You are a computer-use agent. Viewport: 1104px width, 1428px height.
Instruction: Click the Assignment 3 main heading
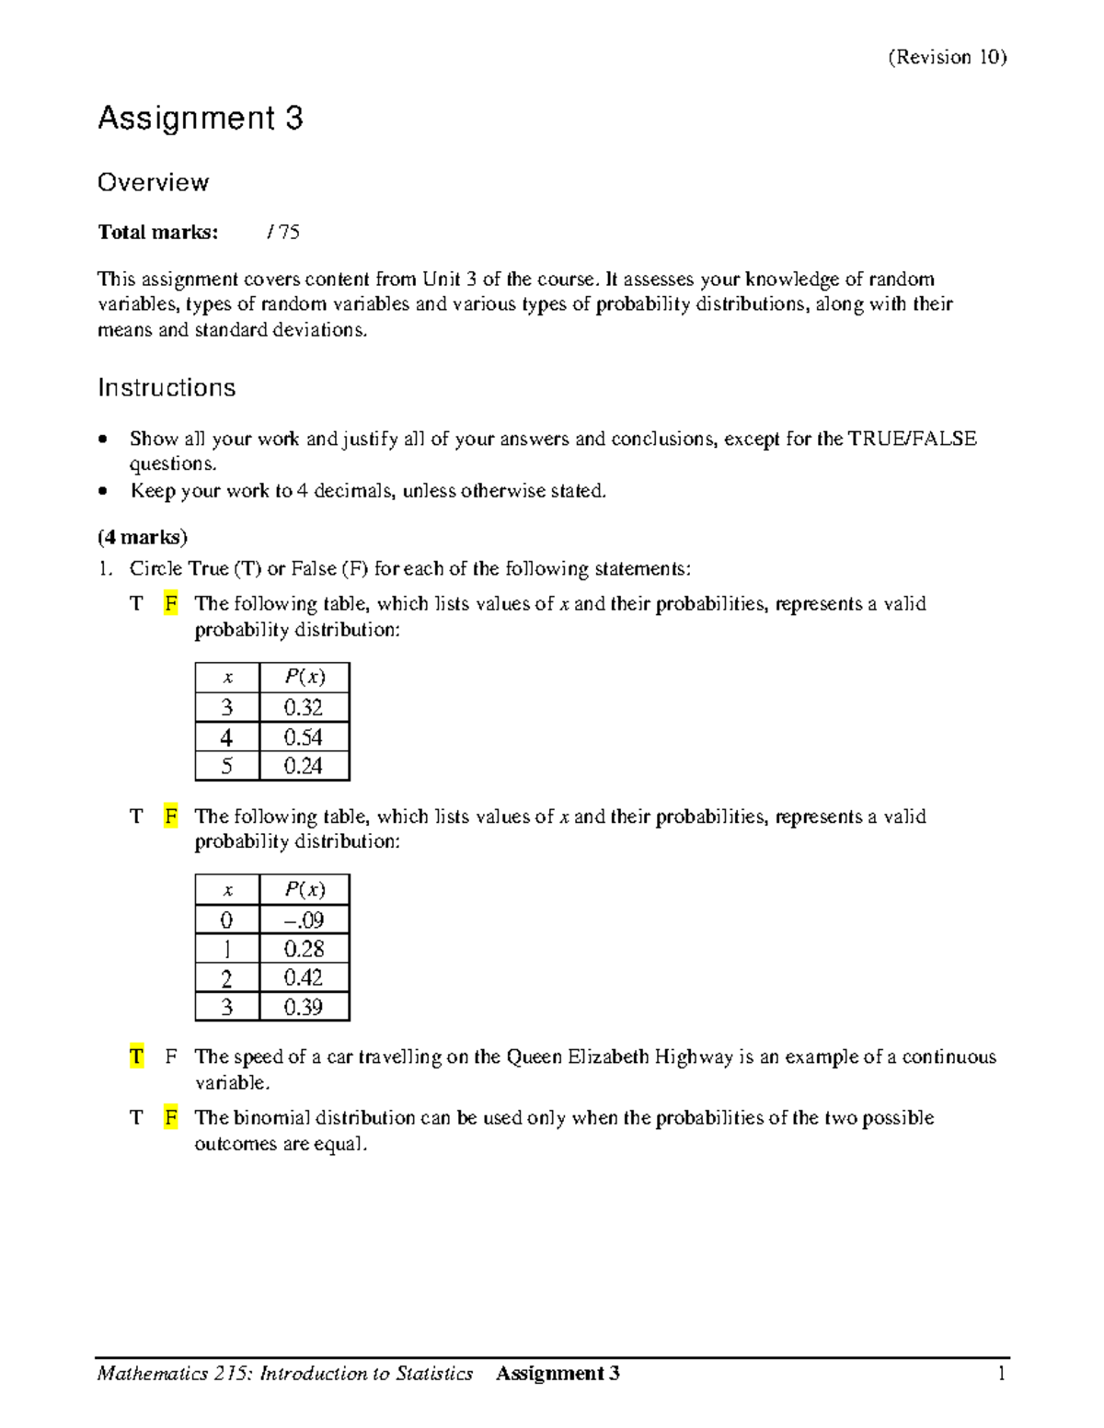[201, 119]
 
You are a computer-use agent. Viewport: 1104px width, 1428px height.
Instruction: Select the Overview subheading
[153, 182]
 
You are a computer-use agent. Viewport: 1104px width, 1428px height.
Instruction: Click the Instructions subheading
[167, 388]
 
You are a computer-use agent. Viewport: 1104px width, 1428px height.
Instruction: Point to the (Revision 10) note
[947, 57]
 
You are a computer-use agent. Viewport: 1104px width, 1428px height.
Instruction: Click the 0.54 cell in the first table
[304, 737]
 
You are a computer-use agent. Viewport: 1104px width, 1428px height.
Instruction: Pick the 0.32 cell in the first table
[304, 707]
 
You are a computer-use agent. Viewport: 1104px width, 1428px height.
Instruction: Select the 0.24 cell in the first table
[304, 766]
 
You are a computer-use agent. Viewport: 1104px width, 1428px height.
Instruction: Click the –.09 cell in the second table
[304, 920]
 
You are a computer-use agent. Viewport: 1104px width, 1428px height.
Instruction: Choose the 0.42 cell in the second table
[304, 977]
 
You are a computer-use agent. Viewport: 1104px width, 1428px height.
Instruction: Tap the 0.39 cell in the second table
[304, 1007]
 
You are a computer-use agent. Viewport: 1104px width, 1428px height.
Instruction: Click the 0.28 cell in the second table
[304, 949]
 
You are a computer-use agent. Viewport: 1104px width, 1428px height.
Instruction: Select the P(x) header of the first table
[304, 678]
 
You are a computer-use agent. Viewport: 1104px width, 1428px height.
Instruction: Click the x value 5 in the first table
[226, 766]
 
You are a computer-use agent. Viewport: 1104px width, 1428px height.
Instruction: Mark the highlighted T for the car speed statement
[136, 1057]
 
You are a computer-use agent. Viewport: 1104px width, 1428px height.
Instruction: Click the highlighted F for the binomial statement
[170, 1118]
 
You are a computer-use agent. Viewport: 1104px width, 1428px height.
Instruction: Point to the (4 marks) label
[143, 537]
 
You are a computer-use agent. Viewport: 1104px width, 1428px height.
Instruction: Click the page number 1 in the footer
[1001, 1374]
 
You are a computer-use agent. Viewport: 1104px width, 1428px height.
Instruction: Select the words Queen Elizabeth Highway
[619, 1057]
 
